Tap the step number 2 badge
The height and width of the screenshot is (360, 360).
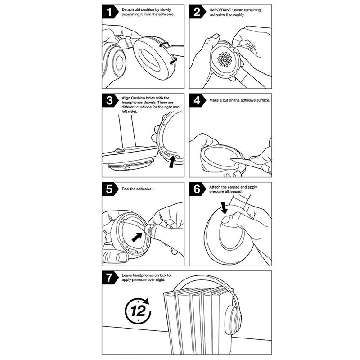coord(197,12)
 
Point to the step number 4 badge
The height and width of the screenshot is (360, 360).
coord(197,100)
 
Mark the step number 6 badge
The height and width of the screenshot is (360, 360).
coord(197,189)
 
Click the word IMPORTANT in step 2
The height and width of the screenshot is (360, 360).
coord(220,10)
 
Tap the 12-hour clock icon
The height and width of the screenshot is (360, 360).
coord(138,310)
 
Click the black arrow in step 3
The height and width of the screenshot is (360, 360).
coord(172,162)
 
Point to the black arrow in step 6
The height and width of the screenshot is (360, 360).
coord(224,208)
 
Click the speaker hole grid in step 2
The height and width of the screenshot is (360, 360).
coord(225,60)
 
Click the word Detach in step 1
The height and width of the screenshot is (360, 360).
coord(127,10)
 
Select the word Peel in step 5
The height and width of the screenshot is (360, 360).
coord(126,189)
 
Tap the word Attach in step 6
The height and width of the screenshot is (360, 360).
coord(215,187)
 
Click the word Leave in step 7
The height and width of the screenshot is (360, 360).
coord(127,275)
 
